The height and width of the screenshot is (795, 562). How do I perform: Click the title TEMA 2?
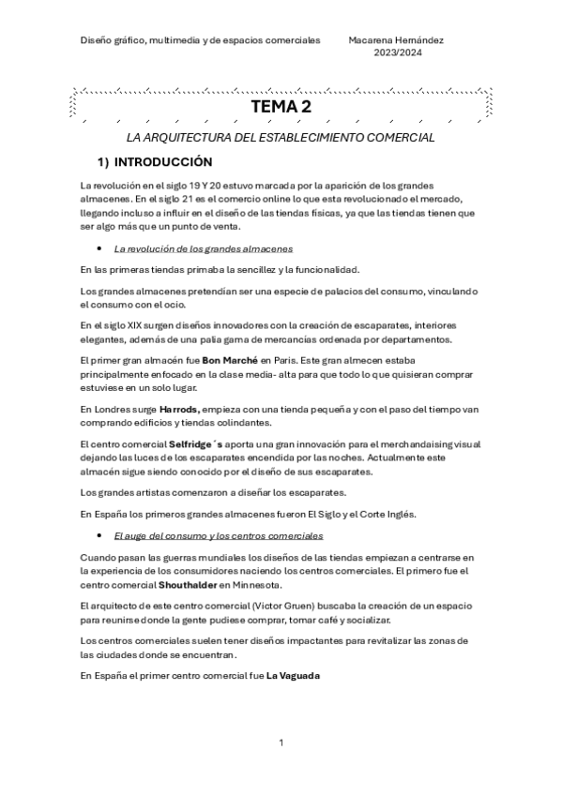pyautogui.click(x=281, y=108)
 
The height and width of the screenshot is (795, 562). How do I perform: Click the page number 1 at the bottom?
pyautogui.click(x=281, y=743)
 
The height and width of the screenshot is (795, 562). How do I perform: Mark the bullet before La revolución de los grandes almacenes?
pyautogui.click(x=99, y=249)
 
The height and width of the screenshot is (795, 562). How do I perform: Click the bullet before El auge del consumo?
pyautogui.click(x=99, y=536)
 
